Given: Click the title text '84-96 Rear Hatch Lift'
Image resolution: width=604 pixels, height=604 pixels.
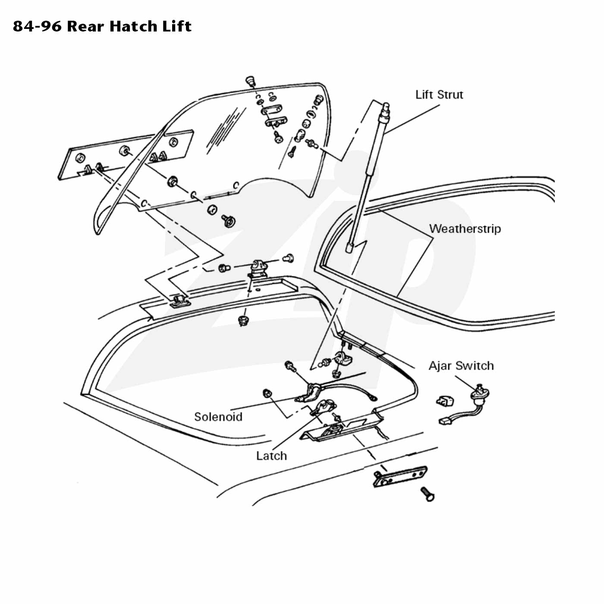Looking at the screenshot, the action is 102,26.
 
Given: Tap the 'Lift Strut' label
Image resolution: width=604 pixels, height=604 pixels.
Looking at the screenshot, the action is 439,94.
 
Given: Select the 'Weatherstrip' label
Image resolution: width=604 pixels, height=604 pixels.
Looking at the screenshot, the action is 465,229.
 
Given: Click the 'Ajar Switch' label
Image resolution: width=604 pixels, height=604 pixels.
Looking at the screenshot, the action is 461,366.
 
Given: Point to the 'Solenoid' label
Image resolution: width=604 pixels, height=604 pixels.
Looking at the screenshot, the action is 218,417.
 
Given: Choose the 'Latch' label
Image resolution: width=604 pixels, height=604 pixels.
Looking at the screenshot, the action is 271,456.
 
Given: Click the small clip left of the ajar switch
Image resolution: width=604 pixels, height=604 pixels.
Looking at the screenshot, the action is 445,401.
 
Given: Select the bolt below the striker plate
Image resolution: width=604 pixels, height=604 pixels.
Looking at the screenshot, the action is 428,494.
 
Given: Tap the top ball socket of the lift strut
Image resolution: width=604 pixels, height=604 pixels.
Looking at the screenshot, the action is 386,107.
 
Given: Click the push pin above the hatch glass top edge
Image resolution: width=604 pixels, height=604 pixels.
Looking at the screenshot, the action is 250,80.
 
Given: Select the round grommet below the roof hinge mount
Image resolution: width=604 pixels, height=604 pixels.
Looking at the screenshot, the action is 243,321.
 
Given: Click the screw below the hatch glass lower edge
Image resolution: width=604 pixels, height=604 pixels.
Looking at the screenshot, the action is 229,220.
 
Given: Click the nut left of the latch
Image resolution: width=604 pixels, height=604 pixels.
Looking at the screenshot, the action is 267,393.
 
